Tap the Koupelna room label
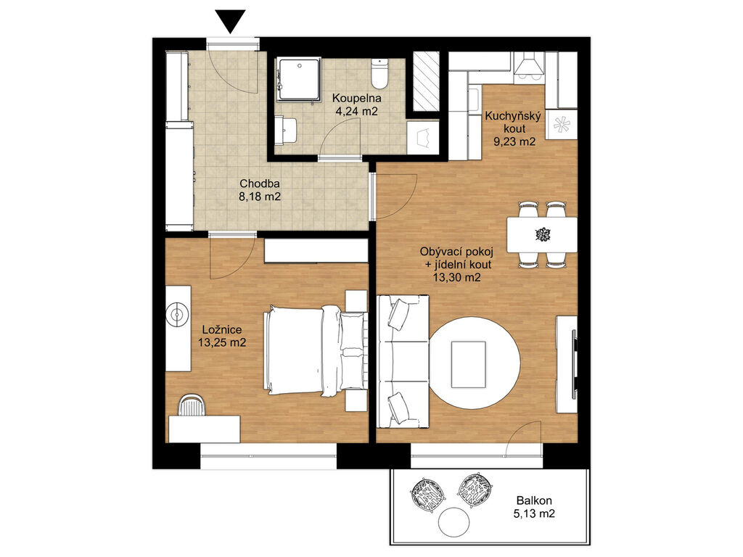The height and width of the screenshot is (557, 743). point(357,99)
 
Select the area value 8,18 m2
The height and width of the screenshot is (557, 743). point(260,196)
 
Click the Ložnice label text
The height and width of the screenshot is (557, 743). point(222,330)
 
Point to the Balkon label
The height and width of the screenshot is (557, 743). point(534,500)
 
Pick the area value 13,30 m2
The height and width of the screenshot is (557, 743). point(457,278)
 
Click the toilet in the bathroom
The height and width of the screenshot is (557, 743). point(379,74)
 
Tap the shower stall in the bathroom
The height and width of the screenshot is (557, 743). point(299,79)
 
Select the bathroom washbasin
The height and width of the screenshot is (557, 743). point(286,131)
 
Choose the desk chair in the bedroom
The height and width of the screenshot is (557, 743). point(192,405)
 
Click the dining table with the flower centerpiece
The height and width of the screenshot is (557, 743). point(542,234)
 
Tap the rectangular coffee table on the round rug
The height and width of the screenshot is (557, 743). point(468,364)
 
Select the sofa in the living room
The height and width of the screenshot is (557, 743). point(403,361)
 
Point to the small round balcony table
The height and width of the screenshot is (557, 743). point(454,522)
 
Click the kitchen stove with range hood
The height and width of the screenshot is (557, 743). point(530,65)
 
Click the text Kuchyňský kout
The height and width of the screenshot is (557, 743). point(505,122)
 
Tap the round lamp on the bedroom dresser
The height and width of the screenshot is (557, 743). point(178,314)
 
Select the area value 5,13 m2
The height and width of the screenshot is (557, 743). point(534,513)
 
